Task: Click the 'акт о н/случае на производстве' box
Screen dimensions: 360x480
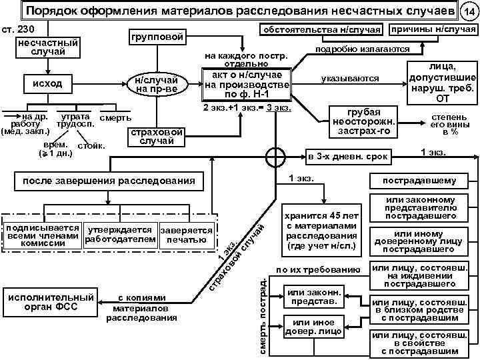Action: (247, 84)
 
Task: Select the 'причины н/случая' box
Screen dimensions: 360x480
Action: (433, 31)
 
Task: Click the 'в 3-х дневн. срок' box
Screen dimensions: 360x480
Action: (346, 158)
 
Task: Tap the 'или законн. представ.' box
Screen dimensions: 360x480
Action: (314, 297)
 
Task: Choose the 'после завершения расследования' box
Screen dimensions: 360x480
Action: (109, 181)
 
